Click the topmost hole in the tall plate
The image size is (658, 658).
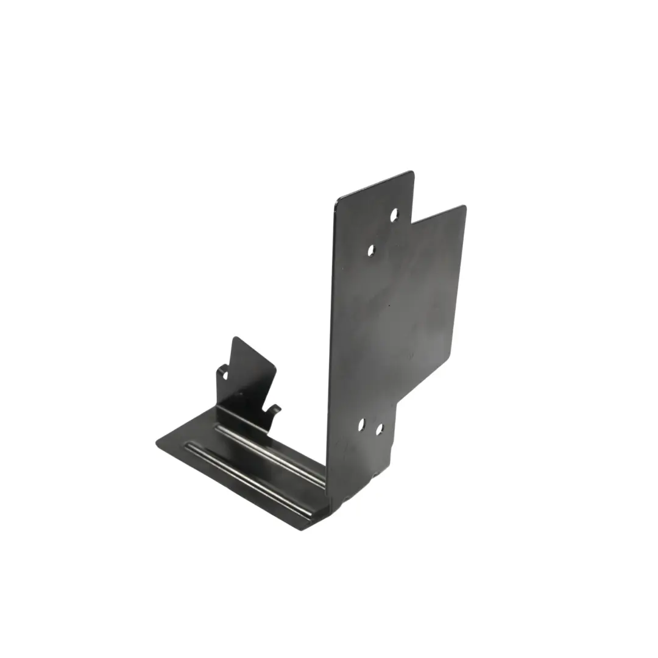[x=394, y=214]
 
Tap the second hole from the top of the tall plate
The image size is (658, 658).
[x=371, y=250]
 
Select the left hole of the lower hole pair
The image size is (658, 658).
[x=361, y=424]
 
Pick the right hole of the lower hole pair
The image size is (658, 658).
[x=379, y=429]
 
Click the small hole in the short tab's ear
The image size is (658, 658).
[x=225, y=375]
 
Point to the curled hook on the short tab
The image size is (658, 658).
[x=275, y=408]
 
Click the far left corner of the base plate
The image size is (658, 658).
[x=157, y=443]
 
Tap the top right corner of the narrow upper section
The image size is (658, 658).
[x=412, y=173]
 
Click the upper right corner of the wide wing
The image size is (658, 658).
[x=464, y=207]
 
